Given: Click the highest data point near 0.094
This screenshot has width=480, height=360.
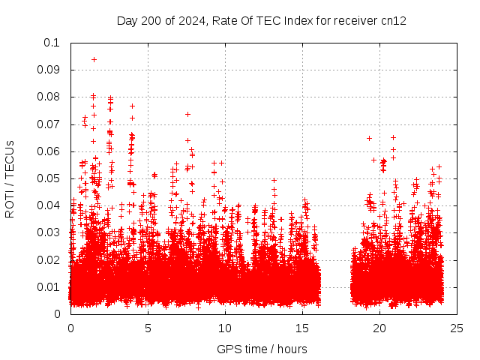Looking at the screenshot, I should [x=94, y=59].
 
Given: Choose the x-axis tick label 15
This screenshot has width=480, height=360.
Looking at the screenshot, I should [x=302, y=328].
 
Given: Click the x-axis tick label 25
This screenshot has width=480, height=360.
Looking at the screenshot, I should [x=457, y=328].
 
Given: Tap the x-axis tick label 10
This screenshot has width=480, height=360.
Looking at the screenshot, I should [x=225, y=328].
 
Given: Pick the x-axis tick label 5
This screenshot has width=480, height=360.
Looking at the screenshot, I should [x=148, y=328].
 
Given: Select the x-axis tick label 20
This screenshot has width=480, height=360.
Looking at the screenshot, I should [x=379, y=328].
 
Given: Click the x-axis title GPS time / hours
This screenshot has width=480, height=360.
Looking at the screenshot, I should [x=262, y=349].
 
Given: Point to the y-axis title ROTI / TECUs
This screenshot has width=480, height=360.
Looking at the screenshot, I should [x=10, y=178].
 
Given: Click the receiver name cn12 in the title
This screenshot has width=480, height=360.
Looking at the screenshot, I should [x=393, y=20].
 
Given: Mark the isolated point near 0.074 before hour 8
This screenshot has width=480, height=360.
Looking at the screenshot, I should [x=187, y=114].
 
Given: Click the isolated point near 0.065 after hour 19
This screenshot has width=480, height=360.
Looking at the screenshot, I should [x=369, y=138].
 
